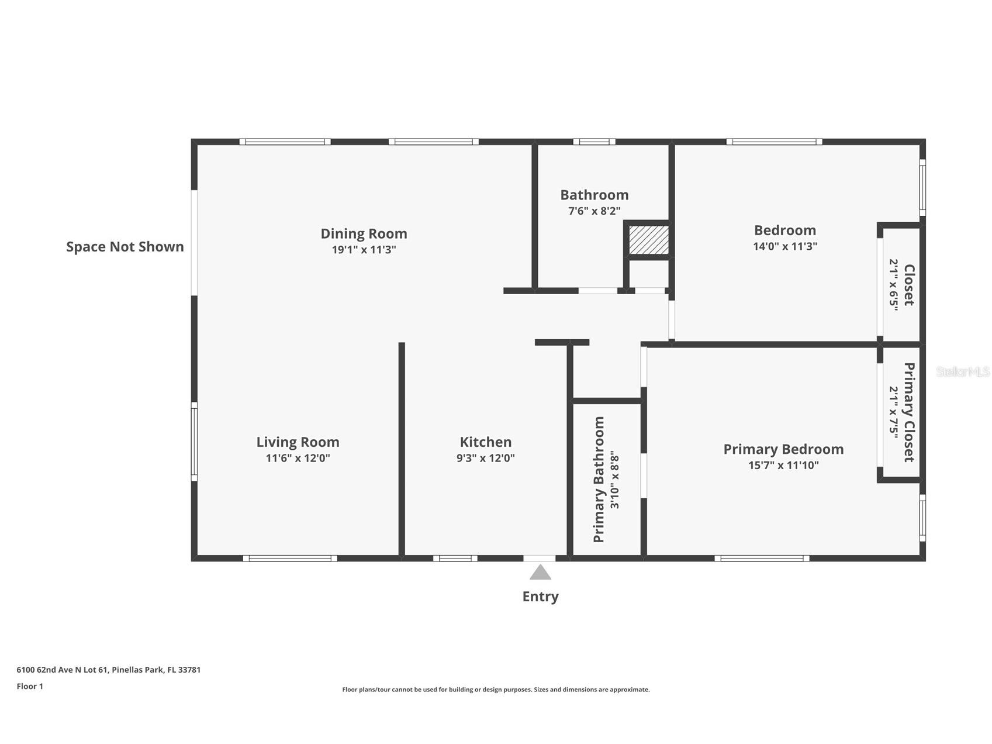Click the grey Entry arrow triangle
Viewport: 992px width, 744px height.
tap(540, 573)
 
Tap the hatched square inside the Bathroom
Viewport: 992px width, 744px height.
tap(648, 240)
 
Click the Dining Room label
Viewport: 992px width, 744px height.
tap(364, 233)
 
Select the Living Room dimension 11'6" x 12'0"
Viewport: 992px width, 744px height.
tap(298, 458)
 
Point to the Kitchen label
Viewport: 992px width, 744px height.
tap(485, 442)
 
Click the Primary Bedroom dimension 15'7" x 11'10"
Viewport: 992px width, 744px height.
tap(783, 466)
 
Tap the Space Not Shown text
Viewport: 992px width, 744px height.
tap(125, 247)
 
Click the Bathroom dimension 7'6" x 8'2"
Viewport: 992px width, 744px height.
tap(594, 211)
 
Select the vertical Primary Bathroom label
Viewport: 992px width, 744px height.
tap(599, 480)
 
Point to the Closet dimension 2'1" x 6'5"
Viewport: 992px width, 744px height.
tap(894, 285)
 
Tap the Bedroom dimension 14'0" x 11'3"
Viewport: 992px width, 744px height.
tap(784, 246)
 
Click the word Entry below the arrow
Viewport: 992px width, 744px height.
tap(540, 597)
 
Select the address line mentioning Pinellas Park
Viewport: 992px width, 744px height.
tap(108, 670)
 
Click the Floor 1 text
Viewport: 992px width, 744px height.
tap(30, 686)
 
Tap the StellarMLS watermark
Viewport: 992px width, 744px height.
tap(962, 371)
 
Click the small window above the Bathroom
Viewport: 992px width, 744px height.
tap(594, 142)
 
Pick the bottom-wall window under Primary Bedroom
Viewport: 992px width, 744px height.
tap(762, 558)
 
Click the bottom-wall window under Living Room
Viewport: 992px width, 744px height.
tap(290, 558)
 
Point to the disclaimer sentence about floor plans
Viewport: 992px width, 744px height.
tap(496, 690)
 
